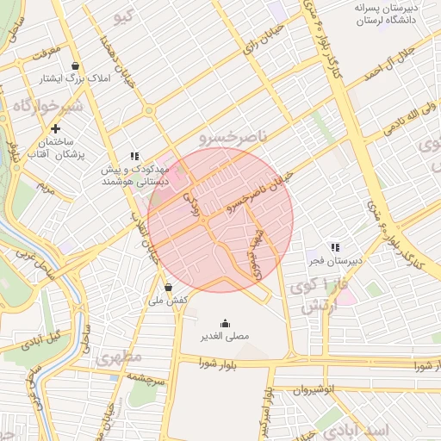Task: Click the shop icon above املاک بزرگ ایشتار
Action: coord(77,65)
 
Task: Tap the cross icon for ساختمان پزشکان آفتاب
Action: coord(56,128)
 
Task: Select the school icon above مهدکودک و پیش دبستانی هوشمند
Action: coord(134,156)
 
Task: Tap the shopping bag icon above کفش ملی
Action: coord(167,288)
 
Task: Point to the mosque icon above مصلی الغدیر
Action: coord(225,324)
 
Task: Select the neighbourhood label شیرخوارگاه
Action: coord(47,105)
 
